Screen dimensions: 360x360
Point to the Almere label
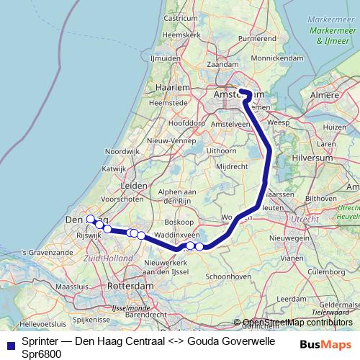point(331,95)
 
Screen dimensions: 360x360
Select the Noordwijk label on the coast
point(121,152)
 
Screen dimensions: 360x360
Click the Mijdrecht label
point(232,166)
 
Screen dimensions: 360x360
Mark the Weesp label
point(278,124)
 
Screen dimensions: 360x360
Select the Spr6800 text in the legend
point(41,354)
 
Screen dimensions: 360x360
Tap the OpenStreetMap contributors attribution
point(297,323)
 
